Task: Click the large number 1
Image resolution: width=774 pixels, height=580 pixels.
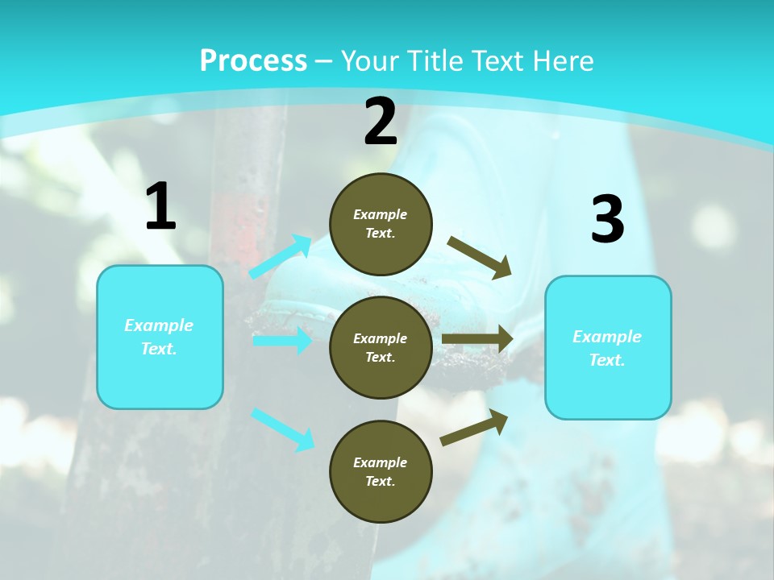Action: pyautogui.click(x=160, y=206)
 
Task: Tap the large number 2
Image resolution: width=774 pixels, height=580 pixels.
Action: pyautogui.click(x=381, y=122)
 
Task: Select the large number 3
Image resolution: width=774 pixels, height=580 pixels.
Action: pyautogui.click(x=607, y=220)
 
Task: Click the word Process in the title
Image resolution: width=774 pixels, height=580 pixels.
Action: pyautogui.click(x=253, y=60)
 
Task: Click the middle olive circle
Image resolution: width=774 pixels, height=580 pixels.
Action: pyautogui.click(x=381, y=347)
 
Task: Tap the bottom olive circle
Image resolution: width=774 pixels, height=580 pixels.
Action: pyautogui.click(x=381, y=471)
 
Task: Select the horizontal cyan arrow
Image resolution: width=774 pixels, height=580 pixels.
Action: pyautogui.click(x=282, y=341)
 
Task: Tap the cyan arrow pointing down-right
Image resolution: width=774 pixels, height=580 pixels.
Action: pyautogui.click(x=282, y=429)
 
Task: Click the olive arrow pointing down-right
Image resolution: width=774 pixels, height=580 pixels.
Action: pyautogui.click(x=480, y=257)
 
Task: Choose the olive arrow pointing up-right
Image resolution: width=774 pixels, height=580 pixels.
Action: pyautogui.click(x=474, y=427)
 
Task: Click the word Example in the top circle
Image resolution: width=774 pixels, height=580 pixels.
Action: pyautogui.click(x=381, y=214)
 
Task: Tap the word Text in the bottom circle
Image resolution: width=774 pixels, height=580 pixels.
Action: pyautogui.click(x=379, y=481)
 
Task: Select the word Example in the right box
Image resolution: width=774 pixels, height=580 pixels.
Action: pyautogui.click(x=607, y=337)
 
